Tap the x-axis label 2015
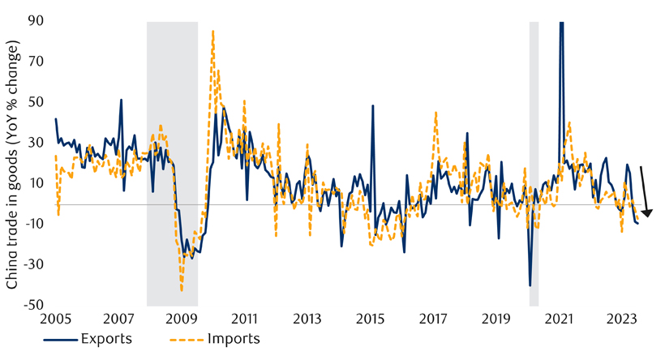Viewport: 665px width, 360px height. coord(369,319)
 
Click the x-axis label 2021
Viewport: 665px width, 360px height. coord(558,319)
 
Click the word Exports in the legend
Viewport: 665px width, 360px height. coord(102,339)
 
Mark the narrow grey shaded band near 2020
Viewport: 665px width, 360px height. coord(534,163)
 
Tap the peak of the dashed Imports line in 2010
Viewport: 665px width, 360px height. coord(212,31)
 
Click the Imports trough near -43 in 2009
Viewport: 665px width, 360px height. coord(182,290)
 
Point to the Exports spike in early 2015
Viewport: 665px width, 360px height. coord(373,105)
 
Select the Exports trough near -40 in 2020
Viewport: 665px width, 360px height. coord(530,285)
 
